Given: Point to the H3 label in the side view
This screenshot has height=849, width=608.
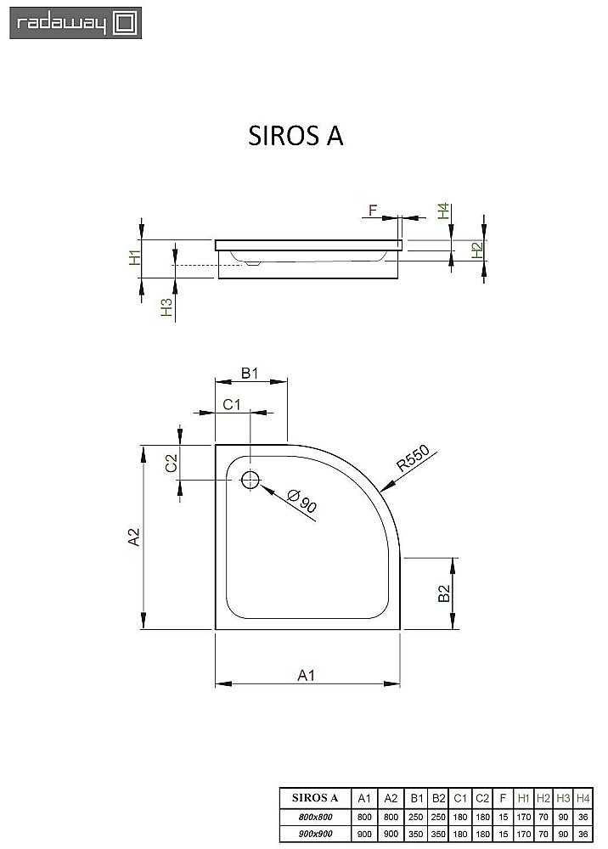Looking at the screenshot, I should coord(167,307).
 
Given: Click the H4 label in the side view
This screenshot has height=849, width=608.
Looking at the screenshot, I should coord(443,211).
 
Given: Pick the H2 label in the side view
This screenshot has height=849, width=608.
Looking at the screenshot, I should coord(477,250).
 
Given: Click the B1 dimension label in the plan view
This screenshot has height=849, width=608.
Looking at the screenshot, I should coord(249,373).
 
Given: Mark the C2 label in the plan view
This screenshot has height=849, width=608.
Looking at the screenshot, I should coord(172,463).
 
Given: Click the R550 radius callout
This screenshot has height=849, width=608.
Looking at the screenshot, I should coord(415,459).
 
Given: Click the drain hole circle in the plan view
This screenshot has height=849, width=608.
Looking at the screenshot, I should coord(251,480).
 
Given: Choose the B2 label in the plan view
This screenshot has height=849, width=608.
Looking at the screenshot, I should coord(444,594).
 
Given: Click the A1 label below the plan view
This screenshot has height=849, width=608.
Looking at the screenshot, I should coord(307,675).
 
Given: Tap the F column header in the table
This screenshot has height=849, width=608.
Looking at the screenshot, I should coord(503,798).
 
